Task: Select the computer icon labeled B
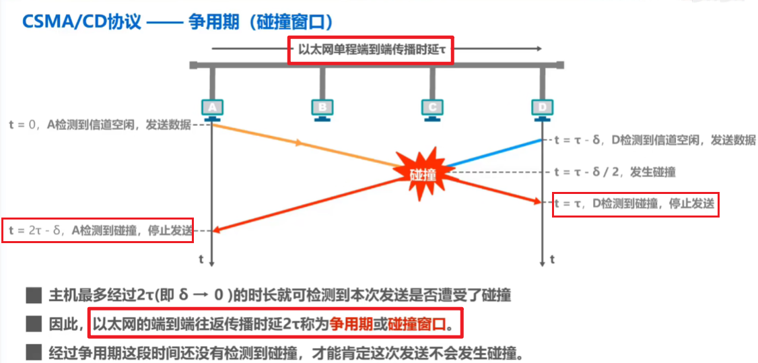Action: (x=322, y=108)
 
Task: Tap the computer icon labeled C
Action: (x=432, y=108)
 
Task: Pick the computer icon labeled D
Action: (x=542, y=108)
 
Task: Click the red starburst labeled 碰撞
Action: (x=423, y=174)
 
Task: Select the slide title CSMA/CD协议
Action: (x=81, y=21)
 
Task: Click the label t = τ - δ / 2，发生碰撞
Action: (x=614, y=172)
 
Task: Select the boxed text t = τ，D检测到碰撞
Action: (x=635, y=204)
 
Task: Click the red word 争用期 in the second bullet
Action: (x=356, y=324)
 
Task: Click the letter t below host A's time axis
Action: (x=201, y=259)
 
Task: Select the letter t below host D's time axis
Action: (x=553, y=259)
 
